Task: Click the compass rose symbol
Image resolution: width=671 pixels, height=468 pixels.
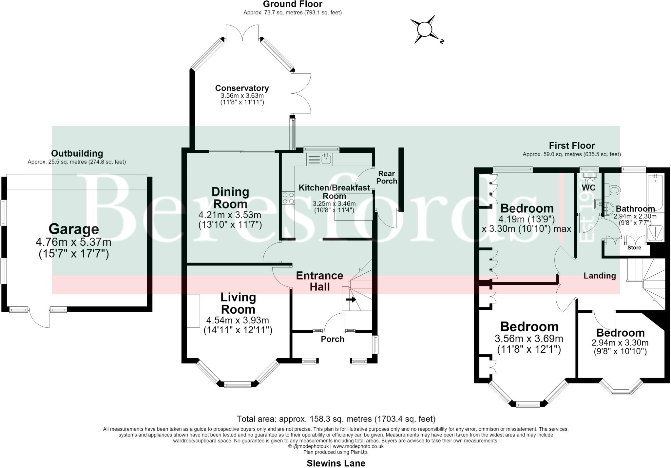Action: click(x=425, y=29)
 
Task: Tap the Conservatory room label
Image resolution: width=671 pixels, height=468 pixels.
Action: click(x=242, y=88)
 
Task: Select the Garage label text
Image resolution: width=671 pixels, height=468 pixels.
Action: click(x=74, y=229)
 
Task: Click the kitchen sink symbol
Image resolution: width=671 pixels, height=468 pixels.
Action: click(x=319, y=159)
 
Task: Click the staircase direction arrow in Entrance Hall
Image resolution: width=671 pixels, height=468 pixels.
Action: click(x=351, y=299)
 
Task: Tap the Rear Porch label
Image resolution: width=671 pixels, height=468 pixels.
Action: click(x=387, y=177)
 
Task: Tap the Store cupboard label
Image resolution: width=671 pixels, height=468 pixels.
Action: click(x=634, y=248)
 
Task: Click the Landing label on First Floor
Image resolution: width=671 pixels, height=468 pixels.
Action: click(x=600, y=276)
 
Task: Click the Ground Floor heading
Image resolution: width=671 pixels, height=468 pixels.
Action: click(x=293, y=4)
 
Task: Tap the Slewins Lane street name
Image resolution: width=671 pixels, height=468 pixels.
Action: click(x=336, y=463)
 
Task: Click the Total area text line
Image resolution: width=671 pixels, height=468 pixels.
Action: click(x=336, y=419)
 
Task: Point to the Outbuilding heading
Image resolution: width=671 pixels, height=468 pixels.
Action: click(x=77, y=153)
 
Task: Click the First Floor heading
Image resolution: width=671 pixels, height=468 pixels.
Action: click(x=572, y=146)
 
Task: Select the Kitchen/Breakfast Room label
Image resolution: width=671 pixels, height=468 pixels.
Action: click(x=334, y=192)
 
